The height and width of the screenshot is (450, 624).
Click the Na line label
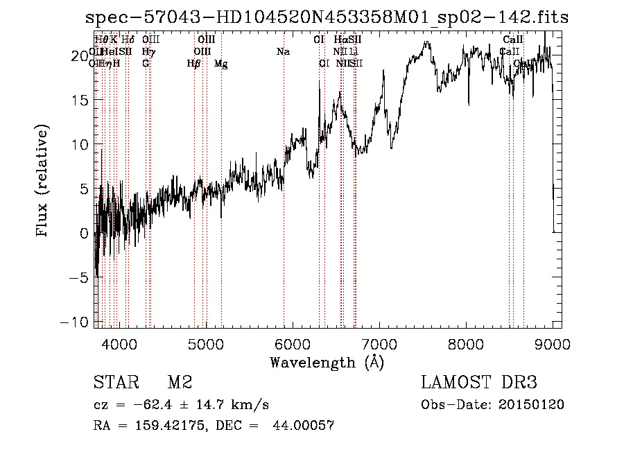(x=283, y=51)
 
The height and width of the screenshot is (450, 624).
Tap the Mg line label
(x=221, y=64)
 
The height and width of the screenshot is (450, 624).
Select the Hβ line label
(x=194, y=63)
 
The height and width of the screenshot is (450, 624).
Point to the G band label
(x=146, y=63)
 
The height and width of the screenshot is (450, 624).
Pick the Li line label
(x=354, y=51)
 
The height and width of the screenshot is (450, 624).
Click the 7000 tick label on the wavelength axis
(x=379, y=343)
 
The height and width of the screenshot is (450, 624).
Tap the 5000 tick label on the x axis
(x=205, y=343)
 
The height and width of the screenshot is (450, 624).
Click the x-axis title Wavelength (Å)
(x=327, y=362)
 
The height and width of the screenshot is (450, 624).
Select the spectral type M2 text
(x=180, y=383)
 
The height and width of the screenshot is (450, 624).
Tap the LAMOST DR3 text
(x=479, y=383)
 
